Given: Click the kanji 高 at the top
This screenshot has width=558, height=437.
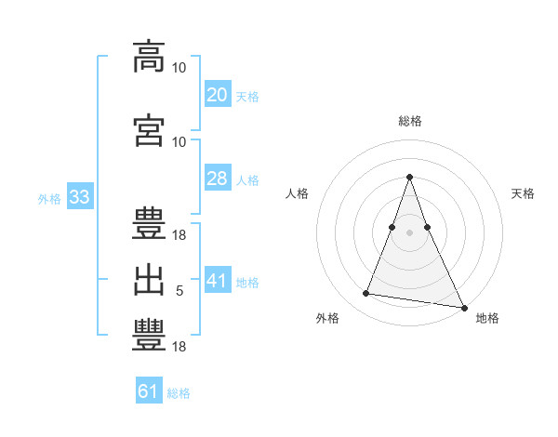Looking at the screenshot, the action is pyautogui.click(x=149, y=57).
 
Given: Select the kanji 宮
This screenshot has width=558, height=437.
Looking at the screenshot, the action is pyautogui.click(x=149, y=130).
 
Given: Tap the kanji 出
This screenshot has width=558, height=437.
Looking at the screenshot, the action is pyautogui.click(x=149, y=281).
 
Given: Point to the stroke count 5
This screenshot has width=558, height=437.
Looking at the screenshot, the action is pyautogui.click(x=179, y=291).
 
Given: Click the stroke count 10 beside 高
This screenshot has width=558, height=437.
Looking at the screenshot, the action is pyautogui.click(x=179, y=68).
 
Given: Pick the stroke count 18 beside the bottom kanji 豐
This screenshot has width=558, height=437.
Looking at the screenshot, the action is pyautogui.click(x=179, y=347).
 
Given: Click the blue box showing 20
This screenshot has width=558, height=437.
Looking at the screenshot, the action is pyautogui.click(x=218, y=94).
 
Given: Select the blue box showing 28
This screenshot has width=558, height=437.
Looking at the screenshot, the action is pyautogui.click(x=218, y=178).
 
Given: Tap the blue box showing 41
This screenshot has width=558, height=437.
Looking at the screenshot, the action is pyautogui.click(x=218, y=279).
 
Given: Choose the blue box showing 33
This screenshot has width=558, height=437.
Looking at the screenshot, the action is pyautogui.click(x=80, y=196).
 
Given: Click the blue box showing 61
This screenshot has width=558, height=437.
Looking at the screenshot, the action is pyautogui.click(x=149, y=390).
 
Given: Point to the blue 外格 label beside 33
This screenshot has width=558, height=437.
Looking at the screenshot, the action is pyautogui.click(x=49, y=199).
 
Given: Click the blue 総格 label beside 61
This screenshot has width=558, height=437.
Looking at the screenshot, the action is pyautogui.click(x=179, y=393).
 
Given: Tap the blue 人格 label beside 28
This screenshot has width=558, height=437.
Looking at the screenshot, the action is pyautogui.click(x=247, y=180).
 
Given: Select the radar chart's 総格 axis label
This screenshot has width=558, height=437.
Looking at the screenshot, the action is pyautogui.click(x=410, y=121).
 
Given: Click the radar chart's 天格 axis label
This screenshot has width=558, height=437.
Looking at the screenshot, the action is pyautogui.click(x=523, y=193).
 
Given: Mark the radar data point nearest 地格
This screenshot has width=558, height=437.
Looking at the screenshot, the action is pyautogui.click(x=464, y=308).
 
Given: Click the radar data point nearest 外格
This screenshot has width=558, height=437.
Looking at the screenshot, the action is pyautogui.click(x=365, y=293).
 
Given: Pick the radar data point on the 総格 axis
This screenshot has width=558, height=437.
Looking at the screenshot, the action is pyautogui.click(x=409, y=177).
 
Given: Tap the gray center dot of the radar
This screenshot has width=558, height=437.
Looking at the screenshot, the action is pyautogui.click(x=409, y=232).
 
